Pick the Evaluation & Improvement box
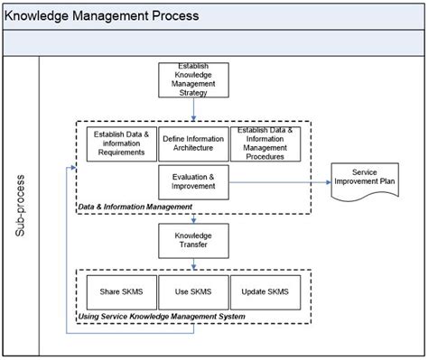(x=193, y=183)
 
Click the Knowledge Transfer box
(x=193, y=242)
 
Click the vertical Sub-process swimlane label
(x=20, y=206)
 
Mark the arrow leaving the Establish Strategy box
(x=193, y=109)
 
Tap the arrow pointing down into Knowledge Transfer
(x=193, y=218)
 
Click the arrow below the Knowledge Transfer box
(x=193, y=263)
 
